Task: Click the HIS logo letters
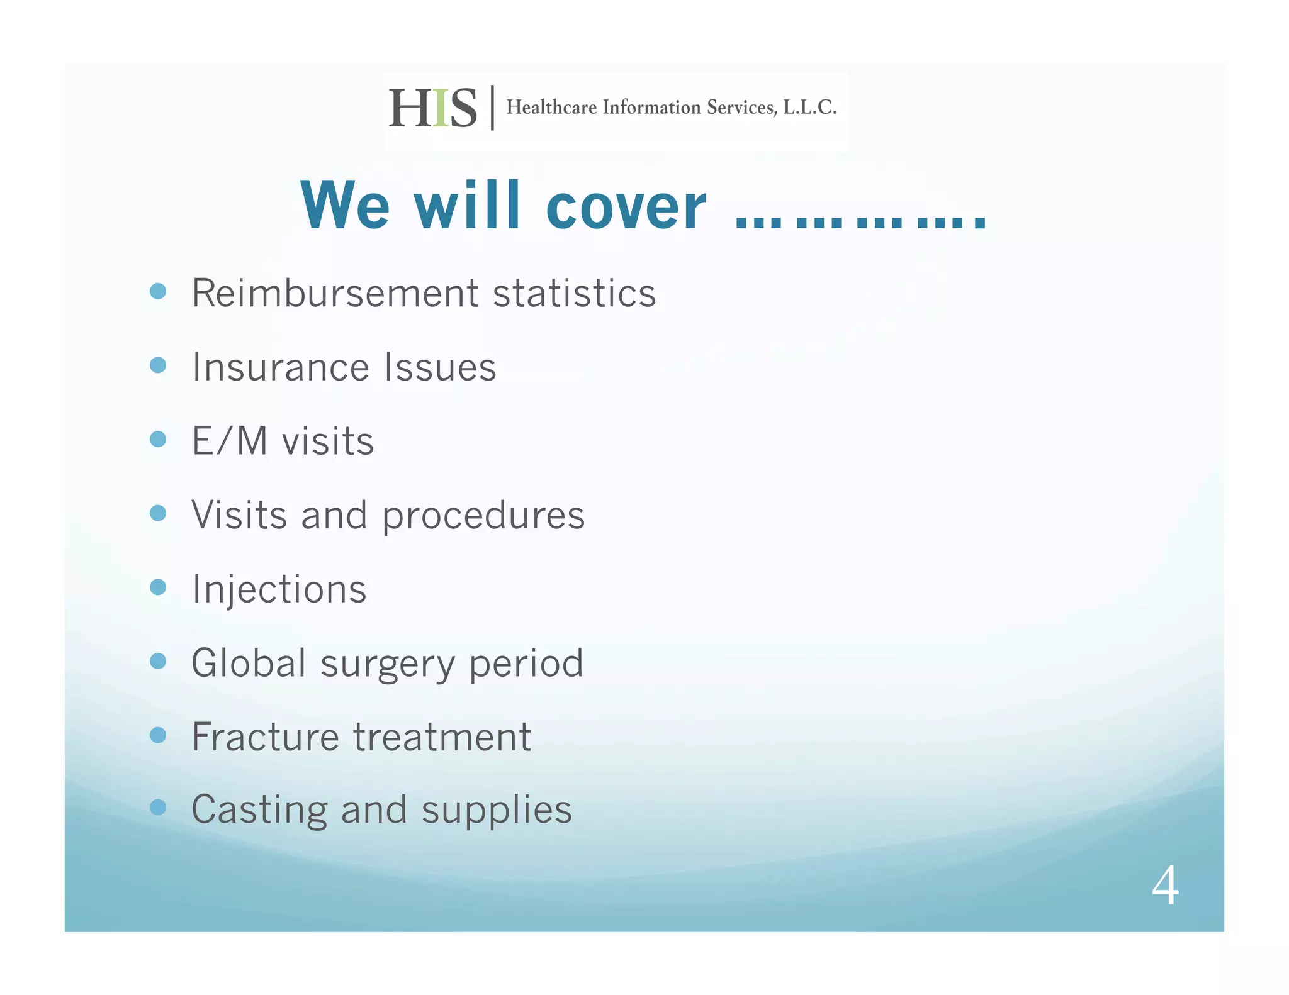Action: pyautogui.click(x=432, y=108)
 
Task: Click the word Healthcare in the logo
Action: pyautogui.click(x=551, y=108)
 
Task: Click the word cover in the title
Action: pyautogui.click(x=626, y=207)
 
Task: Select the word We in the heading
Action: pyautogui.click(x=345, y=206)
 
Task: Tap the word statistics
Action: pyautogui.click(x=574, y=293)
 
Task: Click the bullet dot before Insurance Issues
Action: pyautogui.click(x=158, y=365)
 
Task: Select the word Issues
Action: pyautogui.click(x=440, y=367)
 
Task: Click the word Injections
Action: pyautogui.click(x=279, y=590)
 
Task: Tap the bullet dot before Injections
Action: pyautogui.click(x=158, y=587)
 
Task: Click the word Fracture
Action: pyautogui.click(x=265, y=737)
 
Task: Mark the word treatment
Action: pyautogui.click(x=442, y=737)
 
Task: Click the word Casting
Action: pyautogui.click(x=259, y=811)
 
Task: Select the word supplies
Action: pyautogui.click(x=497, y=811)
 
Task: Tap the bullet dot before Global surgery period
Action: pyautogui.click(x=158, y=661)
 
